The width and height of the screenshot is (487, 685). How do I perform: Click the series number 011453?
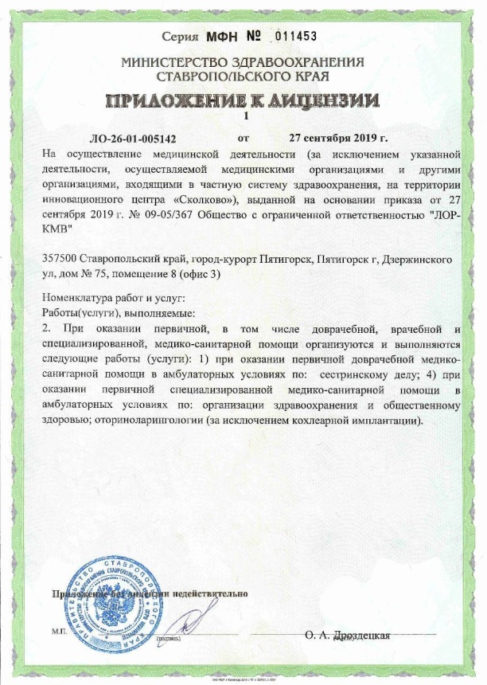coord(295,37)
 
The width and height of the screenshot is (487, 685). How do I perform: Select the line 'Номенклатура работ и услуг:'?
coord(112,299)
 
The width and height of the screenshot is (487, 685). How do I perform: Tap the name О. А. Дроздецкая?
coord(347,635)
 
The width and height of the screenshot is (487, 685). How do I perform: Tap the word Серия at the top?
coord(180,37)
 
